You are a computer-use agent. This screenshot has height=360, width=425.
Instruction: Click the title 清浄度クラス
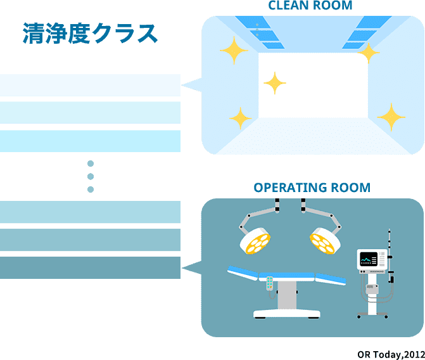[x=90, y=33]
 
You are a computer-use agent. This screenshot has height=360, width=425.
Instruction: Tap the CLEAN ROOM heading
[x=310, y=6]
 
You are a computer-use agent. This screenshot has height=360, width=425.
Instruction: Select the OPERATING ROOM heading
[x=312, y=188]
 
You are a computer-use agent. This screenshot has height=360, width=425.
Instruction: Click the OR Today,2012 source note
[x=391, y=354]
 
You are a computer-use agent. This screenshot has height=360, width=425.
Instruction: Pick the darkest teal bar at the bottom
[x=90, y=267]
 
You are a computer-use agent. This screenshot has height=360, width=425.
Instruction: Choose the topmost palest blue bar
[x=90, y=85]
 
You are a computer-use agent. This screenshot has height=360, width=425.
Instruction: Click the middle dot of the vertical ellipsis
[x=91, y=176]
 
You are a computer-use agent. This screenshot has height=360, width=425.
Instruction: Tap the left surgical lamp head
[x=255, y=241]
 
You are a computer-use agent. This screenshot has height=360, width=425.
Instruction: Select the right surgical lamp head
[x=326, y=241]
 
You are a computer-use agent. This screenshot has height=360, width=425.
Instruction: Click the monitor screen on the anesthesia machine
[x=369, y=259]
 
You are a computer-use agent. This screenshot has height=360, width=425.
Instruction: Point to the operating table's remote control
[x=270, y=283]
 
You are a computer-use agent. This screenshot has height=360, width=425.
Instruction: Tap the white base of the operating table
[x=287, y=314]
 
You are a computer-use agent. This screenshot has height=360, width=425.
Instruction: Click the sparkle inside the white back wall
[x=275, y=83]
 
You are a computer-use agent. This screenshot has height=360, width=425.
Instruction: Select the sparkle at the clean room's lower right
[x=391, y=117]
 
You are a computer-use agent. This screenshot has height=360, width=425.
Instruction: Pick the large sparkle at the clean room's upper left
[x=234, y=51]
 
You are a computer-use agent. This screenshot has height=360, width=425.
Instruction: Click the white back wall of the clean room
[x=313, y=85]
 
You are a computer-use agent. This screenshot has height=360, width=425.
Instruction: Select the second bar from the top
[x=90, y=113]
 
